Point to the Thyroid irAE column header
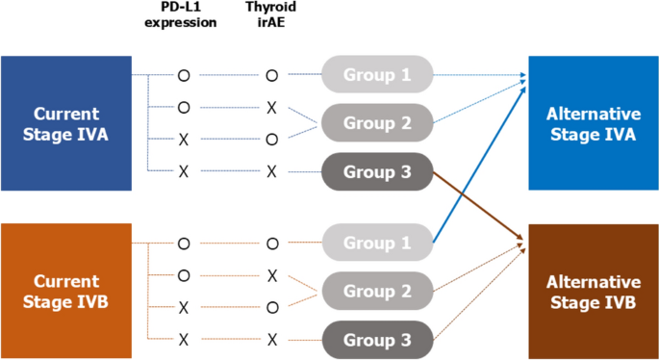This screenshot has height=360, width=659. (x=271, y=16)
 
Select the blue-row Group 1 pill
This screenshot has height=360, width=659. (x=376, y=73)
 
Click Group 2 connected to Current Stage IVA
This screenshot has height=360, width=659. (x=376, y=122)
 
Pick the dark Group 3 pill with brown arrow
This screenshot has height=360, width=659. (x=376, y=171)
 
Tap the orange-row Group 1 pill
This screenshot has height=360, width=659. (x=376, y=243)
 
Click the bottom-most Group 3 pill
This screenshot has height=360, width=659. (x=376, y=340)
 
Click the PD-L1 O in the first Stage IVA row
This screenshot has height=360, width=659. (x=183, y=73)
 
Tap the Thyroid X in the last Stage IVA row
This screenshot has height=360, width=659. (x=271, y=171)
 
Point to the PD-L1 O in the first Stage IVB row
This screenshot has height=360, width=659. (x=183, y=244)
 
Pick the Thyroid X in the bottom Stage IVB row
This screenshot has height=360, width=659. (x=271, y=340)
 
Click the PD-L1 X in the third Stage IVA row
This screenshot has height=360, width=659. (x=183, y=140)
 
